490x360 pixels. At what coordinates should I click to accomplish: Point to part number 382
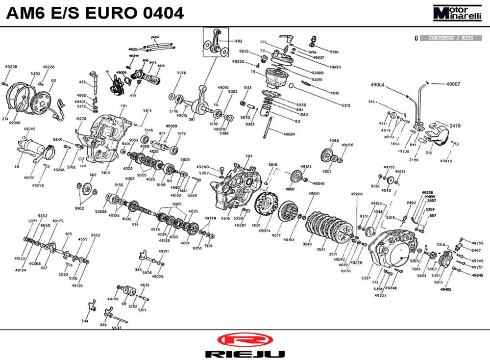(239, 41)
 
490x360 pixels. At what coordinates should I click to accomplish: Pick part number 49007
(453, 84)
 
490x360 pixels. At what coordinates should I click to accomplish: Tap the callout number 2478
(455, 126)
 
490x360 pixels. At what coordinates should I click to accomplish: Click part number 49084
(289, 134)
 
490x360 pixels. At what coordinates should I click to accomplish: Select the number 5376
(181, 73)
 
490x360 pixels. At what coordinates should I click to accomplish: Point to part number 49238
(11, 67)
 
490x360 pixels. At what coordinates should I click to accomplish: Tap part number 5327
(366, 278)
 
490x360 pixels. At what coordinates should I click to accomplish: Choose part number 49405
(445, 290)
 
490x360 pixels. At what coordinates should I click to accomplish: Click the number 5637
(117, 328)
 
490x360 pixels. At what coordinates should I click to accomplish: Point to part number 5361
(334, 51)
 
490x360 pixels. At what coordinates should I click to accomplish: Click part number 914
(135, 224)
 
